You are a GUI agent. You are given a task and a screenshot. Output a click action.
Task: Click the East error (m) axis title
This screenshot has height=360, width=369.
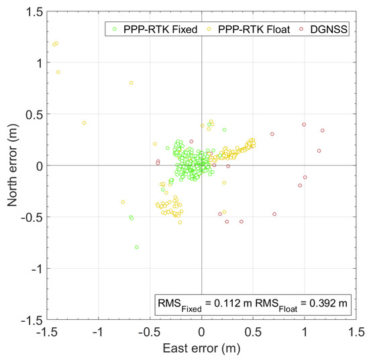pos(201,350)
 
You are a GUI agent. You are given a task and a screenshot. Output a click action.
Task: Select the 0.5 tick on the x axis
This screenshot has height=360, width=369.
pos(253,332)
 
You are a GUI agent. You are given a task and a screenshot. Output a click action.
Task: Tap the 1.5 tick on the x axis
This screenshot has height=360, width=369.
pos(356,332)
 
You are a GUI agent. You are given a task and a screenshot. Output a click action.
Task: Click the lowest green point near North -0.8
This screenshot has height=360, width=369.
pos(137,247)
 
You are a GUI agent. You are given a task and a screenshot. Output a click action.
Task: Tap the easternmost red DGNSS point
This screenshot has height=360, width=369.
pos(323,131)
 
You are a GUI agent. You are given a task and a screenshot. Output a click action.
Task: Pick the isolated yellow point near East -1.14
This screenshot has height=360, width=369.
pos(84,123)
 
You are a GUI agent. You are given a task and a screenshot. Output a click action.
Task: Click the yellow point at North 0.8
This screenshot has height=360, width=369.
pos(131,83)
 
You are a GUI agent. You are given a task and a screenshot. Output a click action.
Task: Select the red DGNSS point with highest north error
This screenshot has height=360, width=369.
pos(304,125)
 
